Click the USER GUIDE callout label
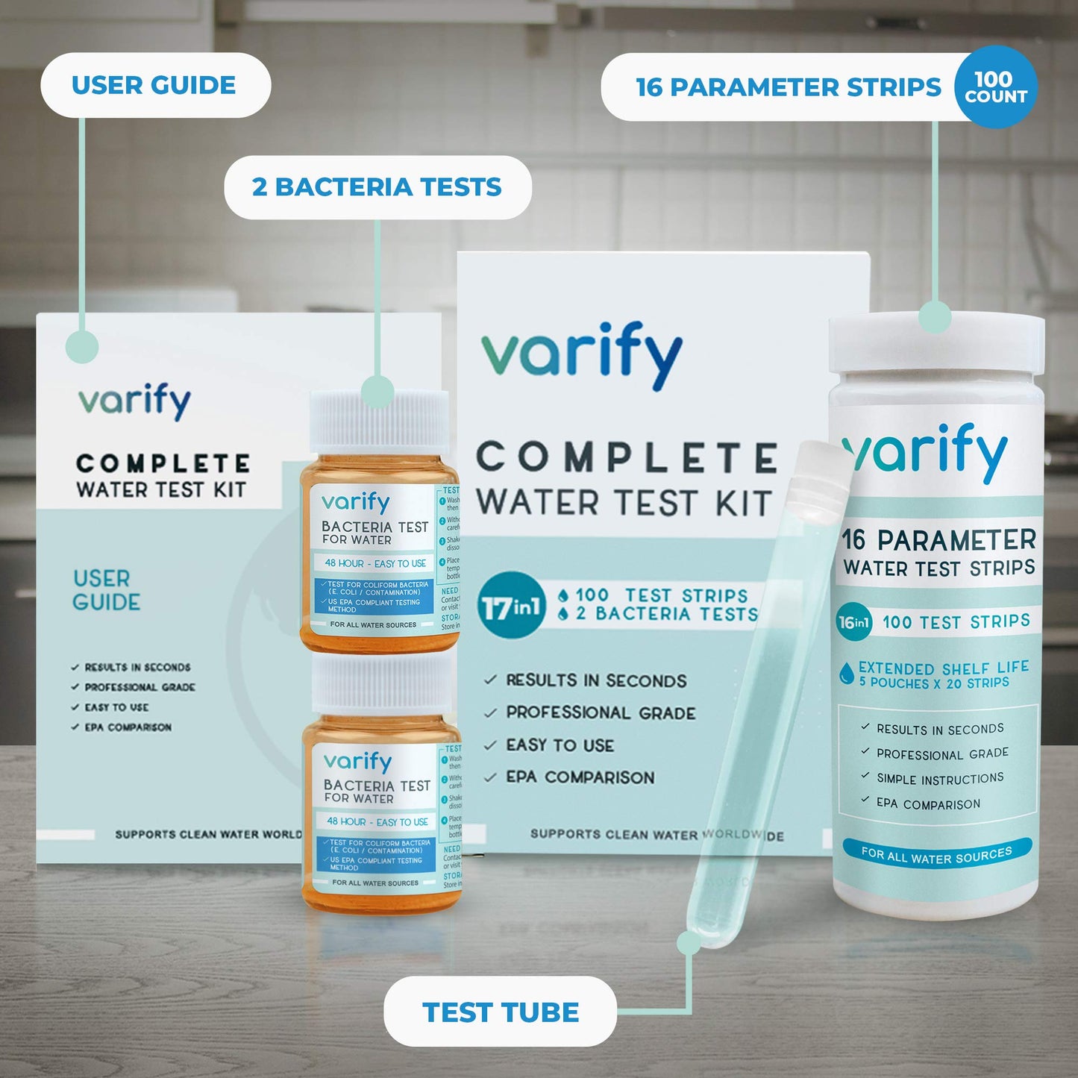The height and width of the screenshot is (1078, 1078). click(154, 85)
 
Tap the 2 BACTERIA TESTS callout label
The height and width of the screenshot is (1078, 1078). click(377, 187)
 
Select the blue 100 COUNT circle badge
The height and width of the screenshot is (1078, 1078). click(995, 87)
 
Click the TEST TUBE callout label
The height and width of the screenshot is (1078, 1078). click(500, 1012)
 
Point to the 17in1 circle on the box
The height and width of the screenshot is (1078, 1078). click(511, 605)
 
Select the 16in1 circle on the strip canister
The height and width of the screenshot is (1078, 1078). click(854, 622)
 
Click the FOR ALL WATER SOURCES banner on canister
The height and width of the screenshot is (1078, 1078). click(936, 853)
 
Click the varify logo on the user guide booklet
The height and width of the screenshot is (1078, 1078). click(135, 401)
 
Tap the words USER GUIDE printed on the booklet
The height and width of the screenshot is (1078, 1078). click(106, 590)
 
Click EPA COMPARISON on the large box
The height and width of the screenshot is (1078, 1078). click(580, 777)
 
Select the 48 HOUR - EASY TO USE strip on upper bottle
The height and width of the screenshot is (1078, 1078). click(375, 563)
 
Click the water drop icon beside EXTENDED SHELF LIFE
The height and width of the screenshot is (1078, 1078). click(847, 673)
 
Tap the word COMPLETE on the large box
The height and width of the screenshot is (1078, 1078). click(627, 458)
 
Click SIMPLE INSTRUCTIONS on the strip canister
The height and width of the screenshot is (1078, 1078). click(939, 779)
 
